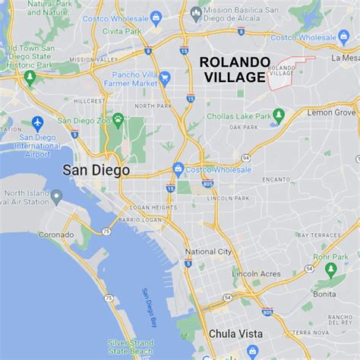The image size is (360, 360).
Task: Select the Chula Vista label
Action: click(x=235, y=333)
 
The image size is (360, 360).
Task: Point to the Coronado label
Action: click(x=56, y=235)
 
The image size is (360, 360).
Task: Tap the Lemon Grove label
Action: click(x=331, y=112)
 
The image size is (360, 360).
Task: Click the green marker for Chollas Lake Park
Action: click(x=278, y=115)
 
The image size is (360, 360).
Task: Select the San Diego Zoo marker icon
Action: click(x=118, y=119)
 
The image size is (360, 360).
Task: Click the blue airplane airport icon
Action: click(x=37, y=123)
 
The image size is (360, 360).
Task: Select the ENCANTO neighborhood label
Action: click(x=276, y=179)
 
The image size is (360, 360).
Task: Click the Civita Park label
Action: click(x=125, y=32)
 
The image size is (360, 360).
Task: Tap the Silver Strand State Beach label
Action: click(x=129, y=346)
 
